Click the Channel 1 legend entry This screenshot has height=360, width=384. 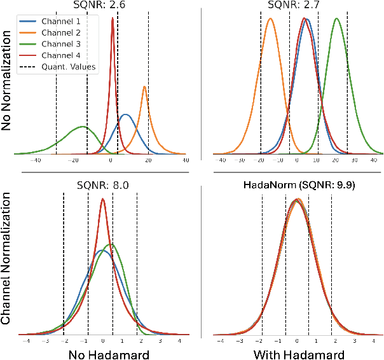pos(65,22)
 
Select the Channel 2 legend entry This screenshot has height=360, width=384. pos(65,32)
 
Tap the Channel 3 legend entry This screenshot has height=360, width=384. pos(65,44)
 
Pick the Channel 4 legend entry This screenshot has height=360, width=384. pos(65,55)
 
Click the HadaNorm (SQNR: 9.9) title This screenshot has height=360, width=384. pos(298,186)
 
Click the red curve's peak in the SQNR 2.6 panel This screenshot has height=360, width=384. pos(113,18)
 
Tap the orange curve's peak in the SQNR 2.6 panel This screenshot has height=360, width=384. pos(145,87)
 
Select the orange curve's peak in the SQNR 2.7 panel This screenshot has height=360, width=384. pos(271,18)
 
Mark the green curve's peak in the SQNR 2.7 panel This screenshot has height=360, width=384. pos(336,18)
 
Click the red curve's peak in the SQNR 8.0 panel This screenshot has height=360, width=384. pos(103,199)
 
